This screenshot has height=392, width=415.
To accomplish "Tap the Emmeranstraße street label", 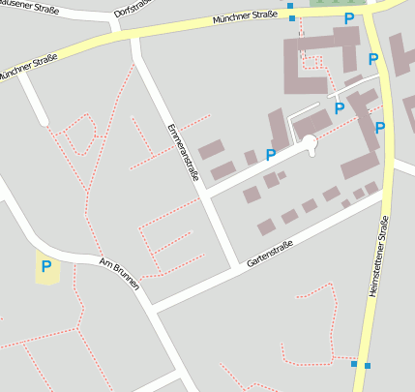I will (183, 152).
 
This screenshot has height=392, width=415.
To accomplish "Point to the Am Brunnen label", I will (120, 274).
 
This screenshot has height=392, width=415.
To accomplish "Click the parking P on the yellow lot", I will (44, 264).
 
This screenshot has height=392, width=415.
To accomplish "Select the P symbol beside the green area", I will (348, 18).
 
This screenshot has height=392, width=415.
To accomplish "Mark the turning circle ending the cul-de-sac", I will (310, 143).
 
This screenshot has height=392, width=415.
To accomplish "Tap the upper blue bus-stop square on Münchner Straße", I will (291, 6).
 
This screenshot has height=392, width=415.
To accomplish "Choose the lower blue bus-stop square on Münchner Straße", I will (292, 18).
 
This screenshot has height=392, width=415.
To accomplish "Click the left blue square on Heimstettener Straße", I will (354, 364).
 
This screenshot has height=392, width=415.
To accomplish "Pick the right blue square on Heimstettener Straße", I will (368, 365).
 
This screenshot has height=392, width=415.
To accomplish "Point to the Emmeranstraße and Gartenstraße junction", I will (236, 267).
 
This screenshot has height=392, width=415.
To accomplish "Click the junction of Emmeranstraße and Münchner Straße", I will (133, 38).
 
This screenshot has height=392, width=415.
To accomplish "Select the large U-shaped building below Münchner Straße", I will (319, 58).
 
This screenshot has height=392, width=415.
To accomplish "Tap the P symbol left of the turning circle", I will (271, 154).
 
